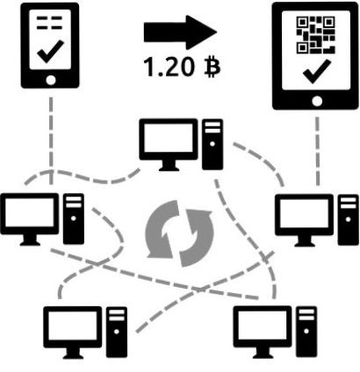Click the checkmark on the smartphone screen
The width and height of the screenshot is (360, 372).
(50, 52)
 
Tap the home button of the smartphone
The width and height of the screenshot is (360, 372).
(51, 80)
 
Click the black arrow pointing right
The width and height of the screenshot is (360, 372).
(180, 32)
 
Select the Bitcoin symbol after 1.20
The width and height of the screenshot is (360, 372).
(212, 67)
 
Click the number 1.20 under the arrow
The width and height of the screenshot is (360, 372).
(169, 67)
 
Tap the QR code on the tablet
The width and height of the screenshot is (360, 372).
(315, 35)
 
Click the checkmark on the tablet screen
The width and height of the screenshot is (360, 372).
(317, 71)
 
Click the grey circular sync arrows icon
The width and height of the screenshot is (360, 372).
(179, 233)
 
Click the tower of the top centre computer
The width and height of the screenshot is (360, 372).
(212, 144)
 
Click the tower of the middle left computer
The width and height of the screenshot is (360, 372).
(74, 218)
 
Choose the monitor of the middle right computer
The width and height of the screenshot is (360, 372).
(304, 220)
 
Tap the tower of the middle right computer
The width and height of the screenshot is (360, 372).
(349, 219)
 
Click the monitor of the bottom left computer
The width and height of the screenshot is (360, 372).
(73, 333)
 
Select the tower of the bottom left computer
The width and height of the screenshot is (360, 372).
(117, 332)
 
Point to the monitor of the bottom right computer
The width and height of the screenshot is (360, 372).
(263, 332)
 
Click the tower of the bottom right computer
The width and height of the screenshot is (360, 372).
(306, 332)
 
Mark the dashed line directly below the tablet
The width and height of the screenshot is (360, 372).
(317, 151)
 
